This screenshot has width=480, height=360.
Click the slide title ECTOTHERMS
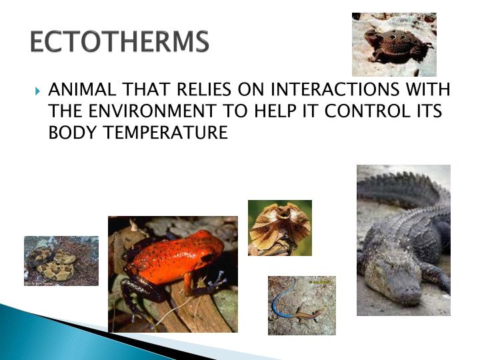[120, 42]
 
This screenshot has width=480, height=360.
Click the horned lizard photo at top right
[394, 44]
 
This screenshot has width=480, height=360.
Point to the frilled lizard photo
[279, 227]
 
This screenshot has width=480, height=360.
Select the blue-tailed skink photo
[301, 305]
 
